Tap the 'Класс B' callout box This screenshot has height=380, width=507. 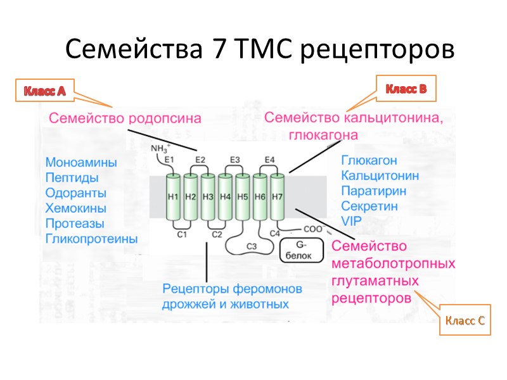click(406, 89)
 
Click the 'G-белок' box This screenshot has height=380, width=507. click(301, 250)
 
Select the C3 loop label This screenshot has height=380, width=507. click(251, 246)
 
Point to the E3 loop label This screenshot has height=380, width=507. click(234, 160)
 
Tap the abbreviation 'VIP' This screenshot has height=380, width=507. click(350, 221)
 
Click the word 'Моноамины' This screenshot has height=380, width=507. click(81, 162)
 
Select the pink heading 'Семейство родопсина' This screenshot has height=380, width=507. click(125, 118)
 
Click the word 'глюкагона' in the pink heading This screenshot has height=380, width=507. click(323, 134)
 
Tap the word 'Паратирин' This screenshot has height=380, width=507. click(373, 191)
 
